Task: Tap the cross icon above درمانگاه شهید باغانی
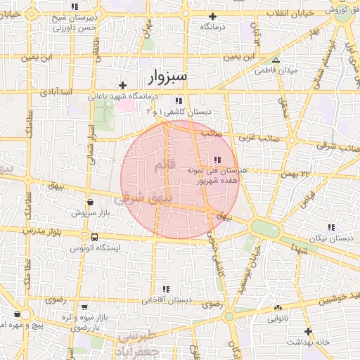123,85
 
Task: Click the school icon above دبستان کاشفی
179,100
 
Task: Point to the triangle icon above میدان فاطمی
276,60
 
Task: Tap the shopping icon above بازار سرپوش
89,201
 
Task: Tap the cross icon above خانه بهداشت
307,330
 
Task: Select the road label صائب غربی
259,138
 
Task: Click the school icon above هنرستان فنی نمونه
217,160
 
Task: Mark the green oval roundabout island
264,229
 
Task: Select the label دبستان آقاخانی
167,300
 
